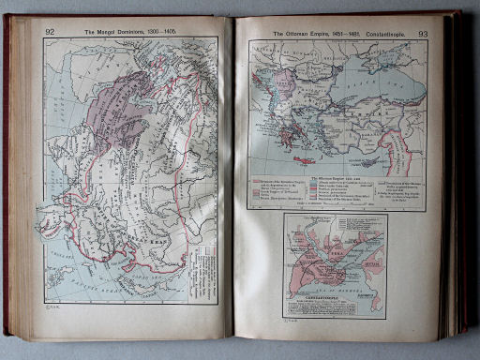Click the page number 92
(x=49, y=32)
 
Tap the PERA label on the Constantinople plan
(x=338, y=243)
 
